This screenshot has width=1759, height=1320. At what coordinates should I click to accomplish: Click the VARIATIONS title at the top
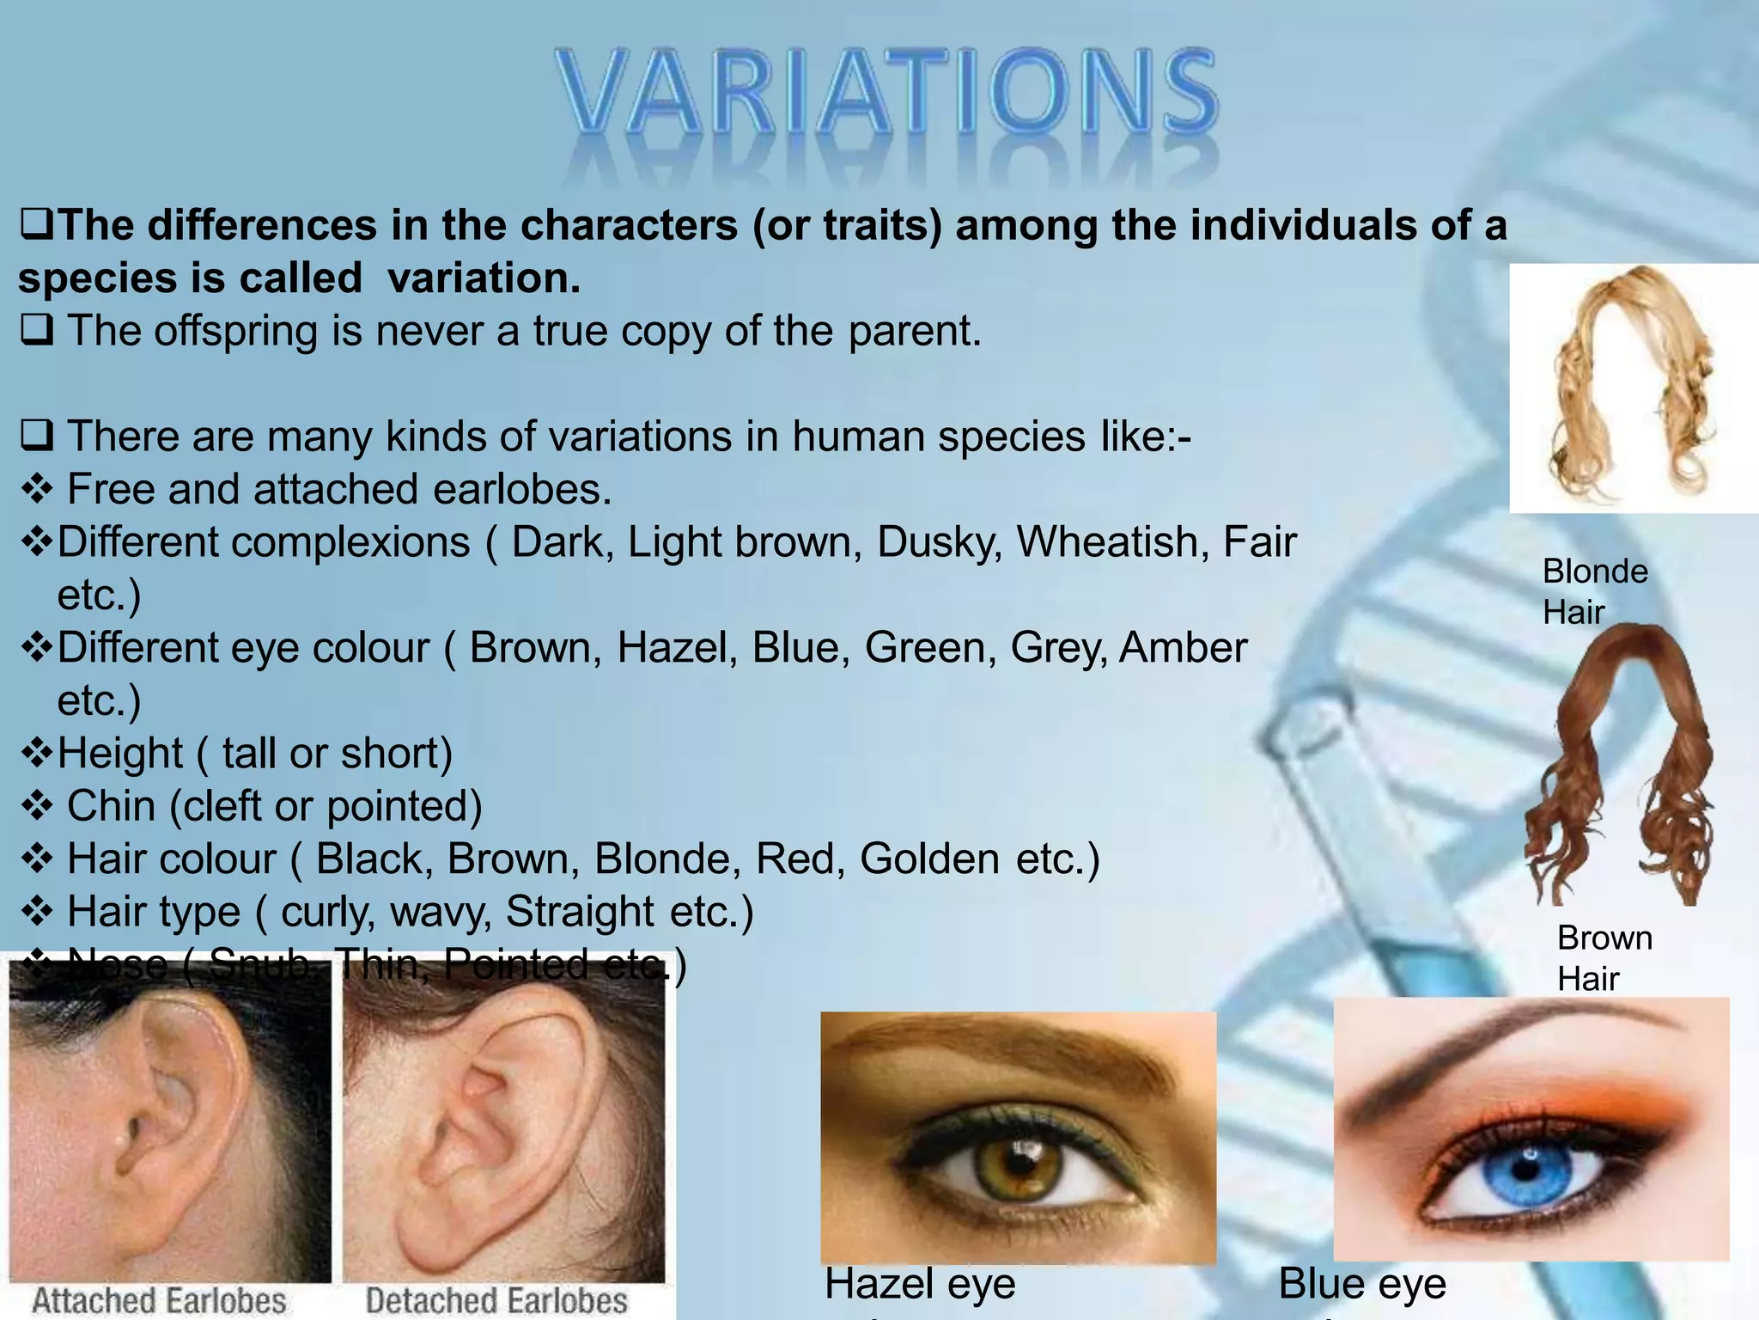click(x=885, y=93)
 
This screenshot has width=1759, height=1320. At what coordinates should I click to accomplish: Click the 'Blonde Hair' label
click(x=1594, y=591)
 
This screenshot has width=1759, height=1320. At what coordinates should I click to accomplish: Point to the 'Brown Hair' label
click(x=1604, y=957)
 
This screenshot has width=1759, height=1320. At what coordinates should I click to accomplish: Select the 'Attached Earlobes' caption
click(x=159, y=1300)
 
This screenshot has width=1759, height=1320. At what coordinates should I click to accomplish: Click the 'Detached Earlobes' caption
click(x=496, y=1300)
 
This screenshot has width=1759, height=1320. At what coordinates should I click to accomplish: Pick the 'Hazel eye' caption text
click(x=920, y=1284)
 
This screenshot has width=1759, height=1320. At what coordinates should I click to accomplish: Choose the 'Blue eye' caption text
click(x=1362, y=1284)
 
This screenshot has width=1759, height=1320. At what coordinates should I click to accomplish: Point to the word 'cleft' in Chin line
click(x=230, y=806)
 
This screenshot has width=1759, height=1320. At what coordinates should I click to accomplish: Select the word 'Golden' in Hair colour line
click(x=929, y=859)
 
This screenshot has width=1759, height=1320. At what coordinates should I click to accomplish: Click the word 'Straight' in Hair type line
click(x=581, y=912)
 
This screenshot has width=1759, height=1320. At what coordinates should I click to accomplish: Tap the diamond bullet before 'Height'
click(x=36, y=753)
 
